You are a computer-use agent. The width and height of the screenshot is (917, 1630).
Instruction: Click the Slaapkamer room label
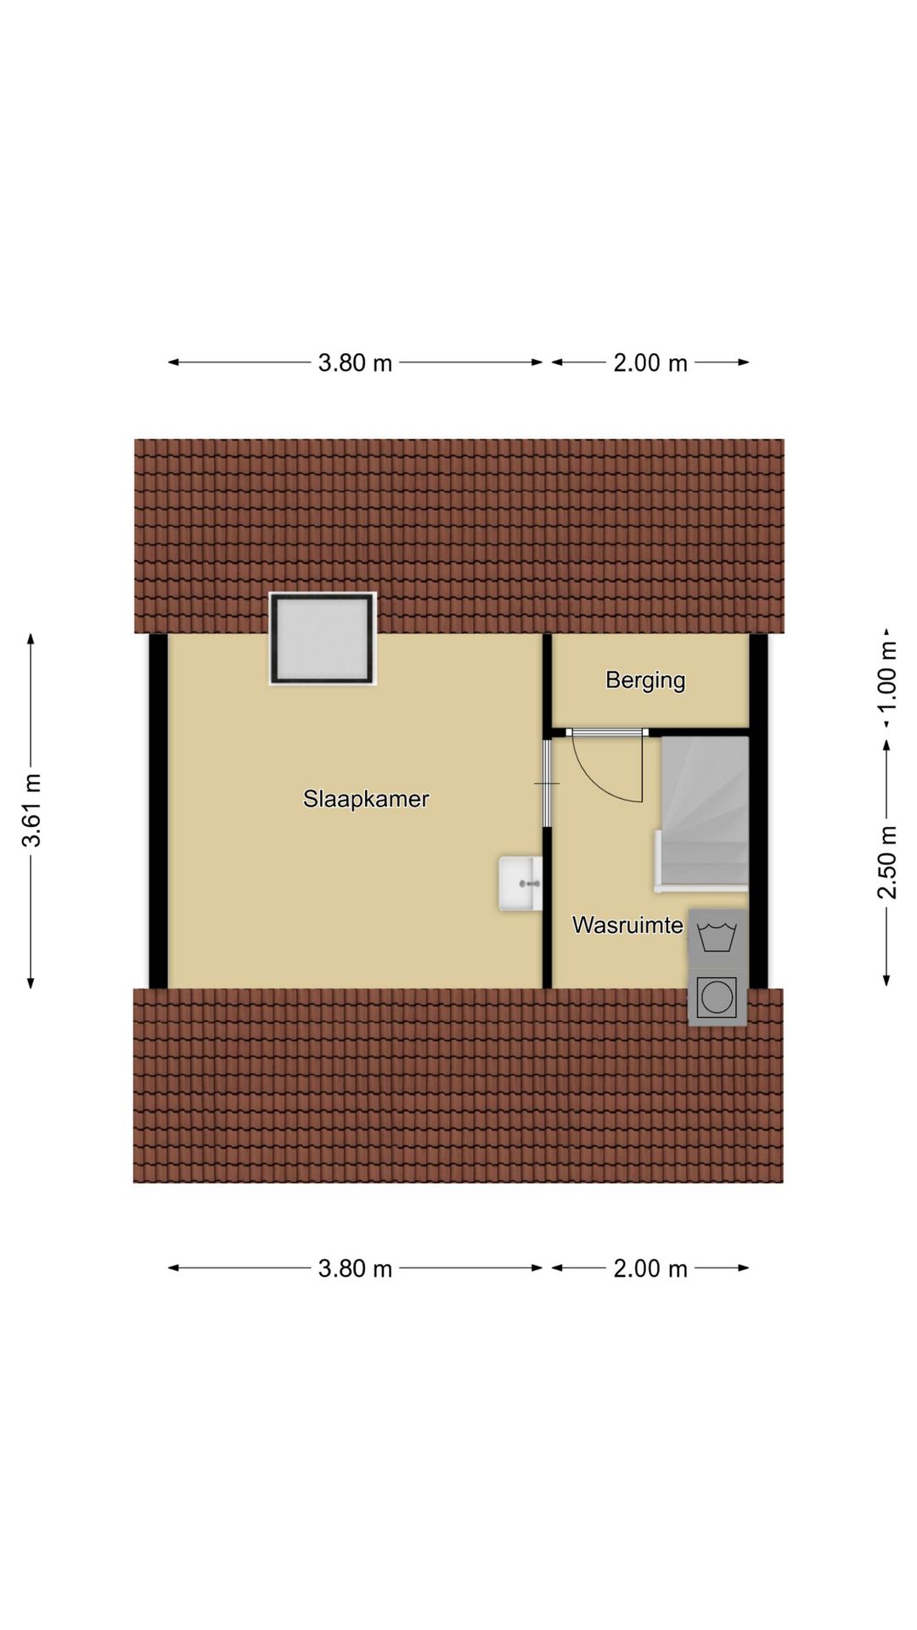[366, 799]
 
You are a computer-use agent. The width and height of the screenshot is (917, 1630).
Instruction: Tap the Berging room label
[645, 680]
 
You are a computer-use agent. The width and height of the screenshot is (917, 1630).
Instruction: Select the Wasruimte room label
[627, 925]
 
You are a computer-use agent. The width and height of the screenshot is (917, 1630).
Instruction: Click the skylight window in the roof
[323, 638]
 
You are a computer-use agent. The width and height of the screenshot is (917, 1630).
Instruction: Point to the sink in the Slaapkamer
[520, 884]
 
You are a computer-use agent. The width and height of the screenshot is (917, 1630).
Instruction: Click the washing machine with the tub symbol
[717, 938]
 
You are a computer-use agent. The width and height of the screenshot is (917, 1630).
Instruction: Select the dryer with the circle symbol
[717, 997]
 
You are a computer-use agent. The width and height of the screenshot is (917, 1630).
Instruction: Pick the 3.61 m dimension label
[32, 811]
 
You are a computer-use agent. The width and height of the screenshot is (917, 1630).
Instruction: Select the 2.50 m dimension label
[886, 862]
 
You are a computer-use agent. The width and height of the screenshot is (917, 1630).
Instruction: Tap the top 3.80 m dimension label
[355, 363]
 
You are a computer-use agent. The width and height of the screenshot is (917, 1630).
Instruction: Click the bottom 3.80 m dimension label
[355, 1268]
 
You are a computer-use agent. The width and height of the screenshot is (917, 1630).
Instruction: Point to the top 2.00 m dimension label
[650, 363]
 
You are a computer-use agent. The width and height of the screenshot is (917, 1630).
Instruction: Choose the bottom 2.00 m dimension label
[650, 1268]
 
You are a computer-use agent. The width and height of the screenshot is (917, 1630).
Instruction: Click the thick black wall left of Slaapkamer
[158, 811]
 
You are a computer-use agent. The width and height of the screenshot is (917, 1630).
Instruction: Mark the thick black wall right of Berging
[758, 811]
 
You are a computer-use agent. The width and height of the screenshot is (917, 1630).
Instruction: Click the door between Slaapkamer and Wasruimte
[548, 782]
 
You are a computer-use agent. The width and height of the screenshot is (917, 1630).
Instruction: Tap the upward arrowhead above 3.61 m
[31, 639]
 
